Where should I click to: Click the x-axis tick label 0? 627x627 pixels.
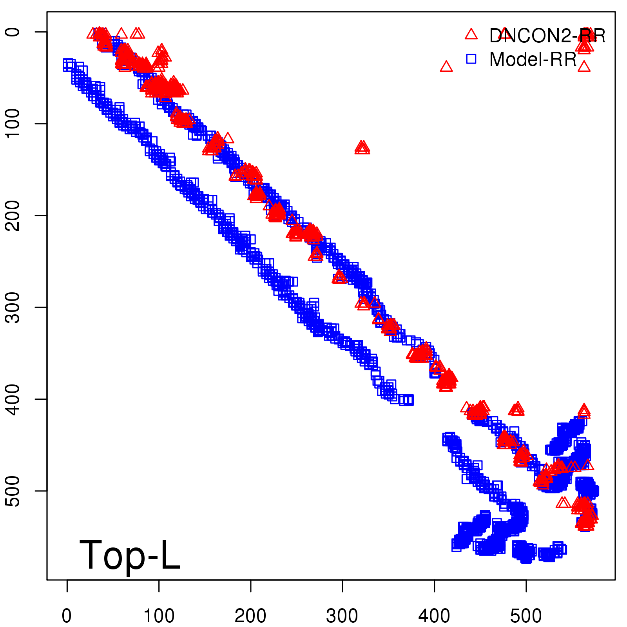click(x=67, y=616)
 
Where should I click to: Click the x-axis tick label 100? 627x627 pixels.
click(x=159, y=616)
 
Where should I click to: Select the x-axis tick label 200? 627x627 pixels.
click(x=250, y=616)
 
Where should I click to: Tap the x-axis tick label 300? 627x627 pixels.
click(x=342, y=616)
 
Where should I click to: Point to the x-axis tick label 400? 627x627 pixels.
click(x=434, y=616)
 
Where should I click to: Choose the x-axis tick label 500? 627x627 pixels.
click(x=526, y=616)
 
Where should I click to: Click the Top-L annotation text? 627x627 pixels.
click(x=130, y=555)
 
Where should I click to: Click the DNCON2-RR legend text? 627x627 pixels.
click(x=547, y=36)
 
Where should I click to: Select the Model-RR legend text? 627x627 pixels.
click(x=533, y=59)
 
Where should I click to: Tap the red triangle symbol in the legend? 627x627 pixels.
click(x=471, y=34)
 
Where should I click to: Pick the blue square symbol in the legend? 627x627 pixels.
click(x=471, y=59)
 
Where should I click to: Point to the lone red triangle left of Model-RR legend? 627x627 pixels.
click(x=446, y=67)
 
